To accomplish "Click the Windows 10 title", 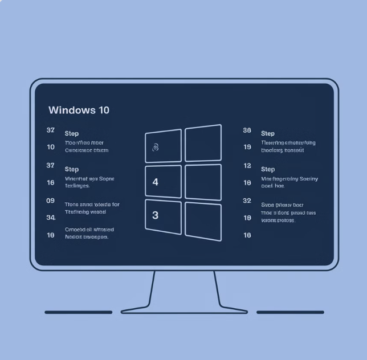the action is [x=79, y=110].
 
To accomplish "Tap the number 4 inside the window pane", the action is [x=156, y=182].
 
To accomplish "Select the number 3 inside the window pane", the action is [x=156, y=215].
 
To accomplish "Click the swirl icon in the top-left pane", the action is [x=156, y=148].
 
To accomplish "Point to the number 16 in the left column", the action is [x=51, y=183].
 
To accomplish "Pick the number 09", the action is [x=51, y=201].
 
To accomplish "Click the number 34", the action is [x=51, y=218].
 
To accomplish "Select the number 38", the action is [x=247, y=130].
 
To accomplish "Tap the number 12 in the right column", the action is [x=247, y=166].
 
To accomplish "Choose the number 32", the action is [x=247, y=201].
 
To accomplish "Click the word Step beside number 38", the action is [x=268, y=133].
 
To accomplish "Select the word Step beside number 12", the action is [x=268, y=169].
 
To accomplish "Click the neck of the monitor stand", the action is [x=184, y=288].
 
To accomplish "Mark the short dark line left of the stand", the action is [x=79, y=312].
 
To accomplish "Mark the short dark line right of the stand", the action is [x=290, y=312].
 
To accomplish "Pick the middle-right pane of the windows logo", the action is [x=203, y=182].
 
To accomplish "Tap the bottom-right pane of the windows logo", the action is [x=203, y=220].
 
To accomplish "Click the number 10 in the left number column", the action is [x=51, y=148].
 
